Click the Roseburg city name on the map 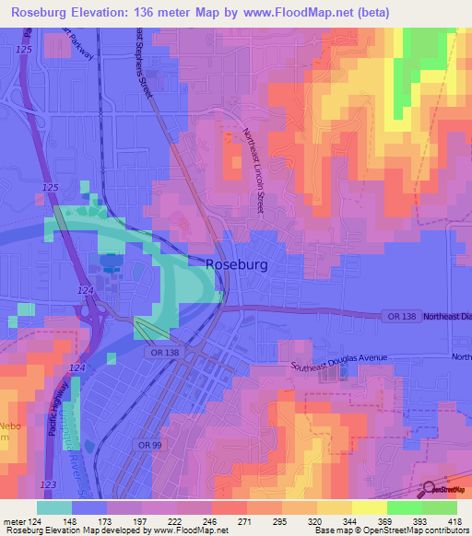(237, 264)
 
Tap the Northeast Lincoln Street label (254, 171)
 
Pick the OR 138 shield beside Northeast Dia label (397, 316)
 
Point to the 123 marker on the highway (48, 484)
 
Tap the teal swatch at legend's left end (53, 507)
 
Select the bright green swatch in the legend (404, 507)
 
